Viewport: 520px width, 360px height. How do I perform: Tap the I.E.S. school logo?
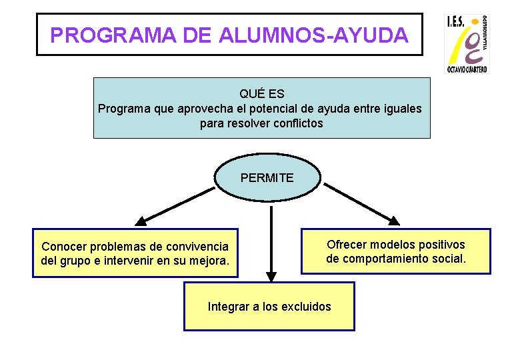[467, 44]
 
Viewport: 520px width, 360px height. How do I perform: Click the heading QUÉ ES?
[261, 94]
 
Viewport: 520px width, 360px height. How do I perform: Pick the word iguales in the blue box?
[400, 109]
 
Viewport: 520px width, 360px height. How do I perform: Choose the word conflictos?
[298, 123]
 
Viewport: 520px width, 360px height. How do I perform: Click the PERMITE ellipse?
[267, 178]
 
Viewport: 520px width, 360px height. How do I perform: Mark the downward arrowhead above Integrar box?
[271, 276]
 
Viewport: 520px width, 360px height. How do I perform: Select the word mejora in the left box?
[211, 260]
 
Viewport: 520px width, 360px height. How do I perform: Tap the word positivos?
[441, 245]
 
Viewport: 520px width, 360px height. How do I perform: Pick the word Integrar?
[229, 307]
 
